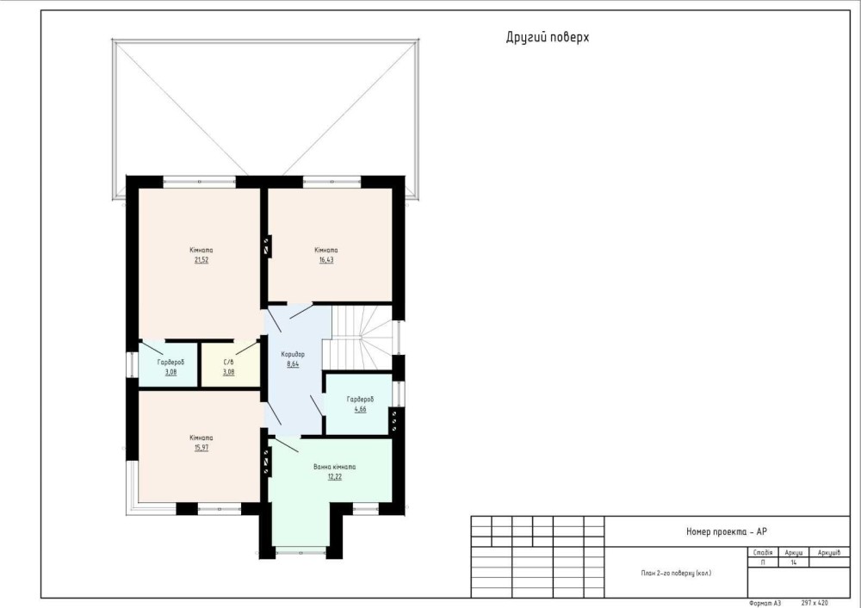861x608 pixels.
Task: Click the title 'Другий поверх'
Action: click(548, 37)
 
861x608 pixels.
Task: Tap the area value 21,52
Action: click(201, 260)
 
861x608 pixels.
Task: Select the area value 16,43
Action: click(326, 260)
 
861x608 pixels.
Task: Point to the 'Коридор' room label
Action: click(293, 354)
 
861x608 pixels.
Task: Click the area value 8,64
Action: click(293, 363)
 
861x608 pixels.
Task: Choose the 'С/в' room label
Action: click(228, 363)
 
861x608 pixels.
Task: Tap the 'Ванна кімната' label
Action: click(334, 467)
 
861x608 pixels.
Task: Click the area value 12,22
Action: click(334, 477)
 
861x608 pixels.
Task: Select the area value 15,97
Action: click(201, 448)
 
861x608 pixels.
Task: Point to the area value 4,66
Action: click(360, 409)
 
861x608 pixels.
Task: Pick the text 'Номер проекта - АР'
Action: click(727, 531)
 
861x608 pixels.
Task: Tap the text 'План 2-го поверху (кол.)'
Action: click(676, 573)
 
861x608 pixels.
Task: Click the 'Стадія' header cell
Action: click(763, 553)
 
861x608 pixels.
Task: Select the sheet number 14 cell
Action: click(794, 562)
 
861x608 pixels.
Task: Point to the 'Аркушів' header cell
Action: click(828, 553)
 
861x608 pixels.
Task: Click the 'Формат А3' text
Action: click(765, 603)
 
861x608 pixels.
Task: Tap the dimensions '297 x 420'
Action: click(815, 603)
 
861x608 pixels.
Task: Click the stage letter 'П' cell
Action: click(763, 562)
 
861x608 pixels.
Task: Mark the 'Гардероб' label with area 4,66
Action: click(360, 400)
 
